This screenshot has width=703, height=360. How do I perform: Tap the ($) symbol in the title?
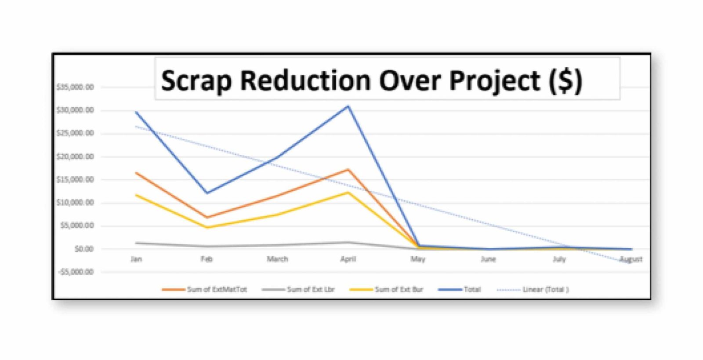(566, 81)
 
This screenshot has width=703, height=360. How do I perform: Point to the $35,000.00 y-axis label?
(75, 87)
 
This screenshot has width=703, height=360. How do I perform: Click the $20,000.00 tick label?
(75, 156)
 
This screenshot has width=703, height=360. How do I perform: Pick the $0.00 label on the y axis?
(84, 249)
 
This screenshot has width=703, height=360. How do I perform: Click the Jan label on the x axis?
(136, 259)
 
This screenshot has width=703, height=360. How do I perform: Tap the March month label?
(277, 259)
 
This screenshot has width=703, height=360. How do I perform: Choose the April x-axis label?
(348, 259)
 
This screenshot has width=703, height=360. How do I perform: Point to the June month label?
(488, 259)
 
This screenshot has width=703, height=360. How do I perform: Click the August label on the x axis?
(631, 259)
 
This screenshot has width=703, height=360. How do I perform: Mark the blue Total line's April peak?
(348, 106)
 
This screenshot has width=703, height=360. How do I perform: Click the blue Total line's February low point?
(207, 193)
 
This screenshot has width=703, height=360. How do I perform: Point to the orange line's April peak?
(348, 169)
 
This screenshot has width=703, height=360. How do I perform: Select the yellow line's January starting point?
(136, 195)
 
